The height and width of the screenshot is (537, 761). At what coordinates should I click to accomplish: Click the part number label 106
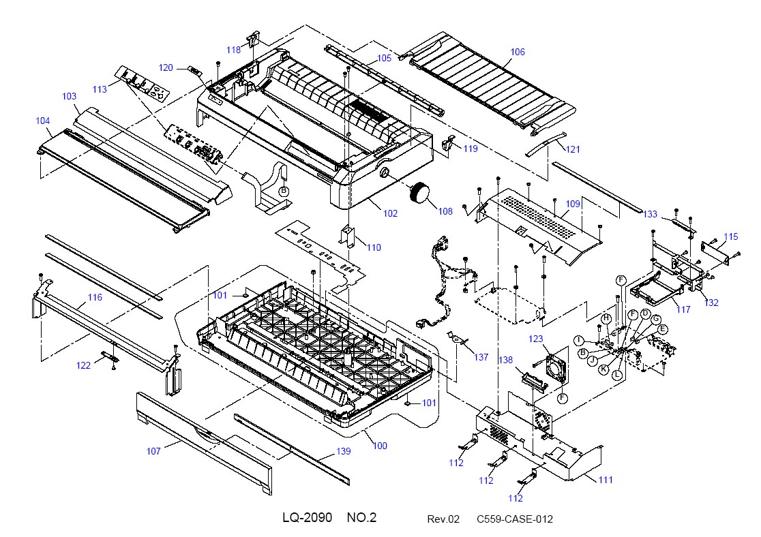pos(518,52)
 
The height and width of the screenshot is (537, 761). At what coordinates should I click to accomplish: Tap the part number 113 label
pos(100,89)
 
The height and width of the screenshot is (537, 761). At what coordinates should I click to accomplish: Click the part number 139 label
pos(343,451)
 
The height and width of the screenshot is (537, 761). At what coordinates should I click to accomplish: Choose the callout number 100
pos(380,446)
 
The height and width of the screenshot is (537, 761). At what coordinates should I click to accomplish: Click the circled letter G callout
pos(656,319)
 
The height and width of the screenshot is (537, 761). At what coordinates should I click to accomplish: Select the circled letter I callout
pos(579,340)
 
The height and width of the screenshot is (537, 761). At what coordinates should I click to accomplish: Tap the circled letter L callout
pos(617,375)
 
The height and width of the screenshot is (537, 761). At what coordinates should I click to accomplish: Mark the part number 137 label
pos(481,357)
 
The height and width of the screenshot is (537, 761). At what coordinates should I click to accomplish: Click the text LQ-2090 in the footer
pos(308,518)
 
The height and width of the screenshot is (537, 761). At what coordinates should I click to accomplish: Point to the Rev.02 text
pos(443,519)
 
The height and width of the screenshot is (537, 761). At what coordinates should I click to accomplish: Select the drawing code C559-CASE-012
pos(514,519)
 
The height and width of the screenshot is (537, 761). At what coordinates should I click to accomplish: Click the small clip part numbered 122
pos(110,356)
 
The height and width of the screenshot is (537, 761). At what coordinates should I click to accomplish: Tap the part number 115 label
pos(730,236)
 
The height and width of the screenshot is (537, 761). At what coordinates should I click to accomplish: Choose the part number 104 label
pos(43,121)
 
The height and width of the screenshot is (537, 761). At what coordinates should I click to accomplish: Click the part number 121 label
pos(573,149)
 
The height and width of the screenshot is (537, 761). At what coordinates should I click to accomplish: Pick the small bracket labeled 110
pos(348,236)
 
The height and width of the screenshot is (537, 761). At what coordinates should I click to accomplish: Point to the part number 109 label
pos(573,204)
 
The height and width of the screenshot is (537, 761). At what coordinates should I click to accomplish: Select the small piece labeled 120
pos(195,71)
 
